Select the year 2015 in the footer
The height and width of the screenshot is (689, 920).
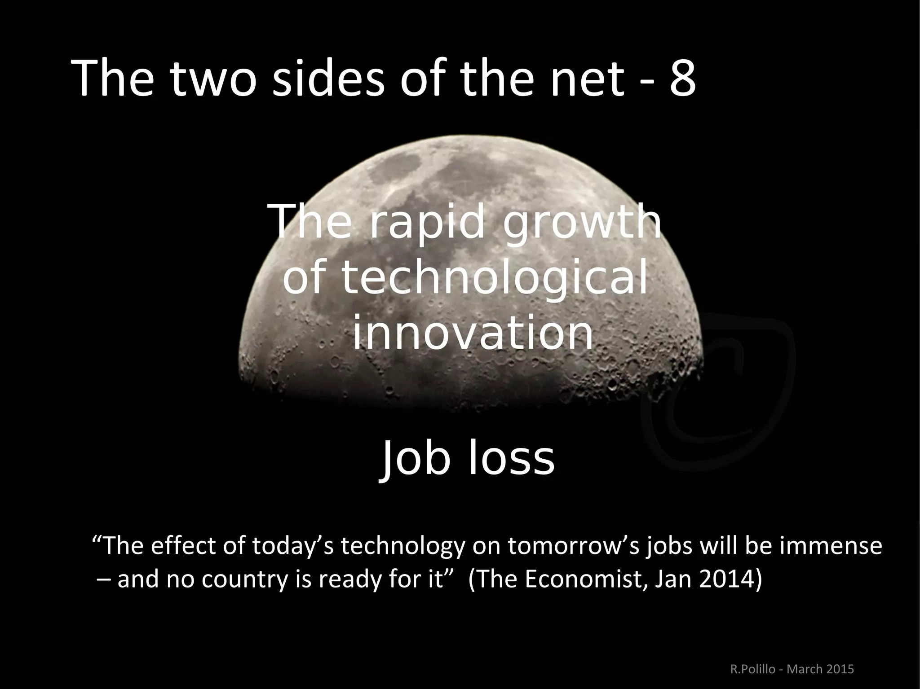point(840,668)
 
